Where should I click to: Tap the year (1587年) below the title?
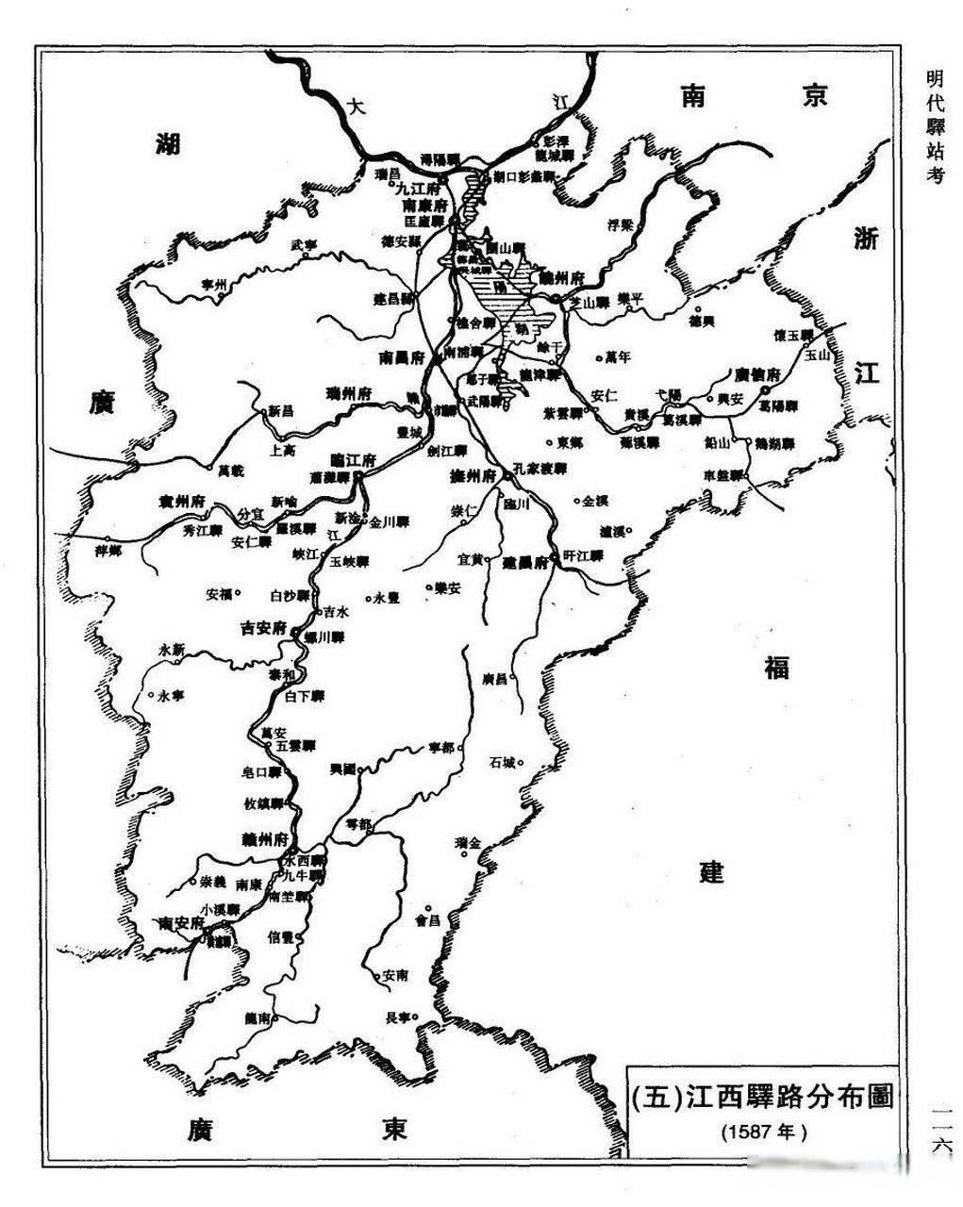tap(764, 1130)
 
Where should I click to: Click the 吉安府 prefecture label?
tap(263, 626)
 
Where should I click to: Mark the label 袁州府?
tap(181, 501)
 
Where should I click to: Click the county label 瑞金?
tap(467, 841)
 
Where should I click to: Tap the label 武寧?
tap(304, 244)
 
